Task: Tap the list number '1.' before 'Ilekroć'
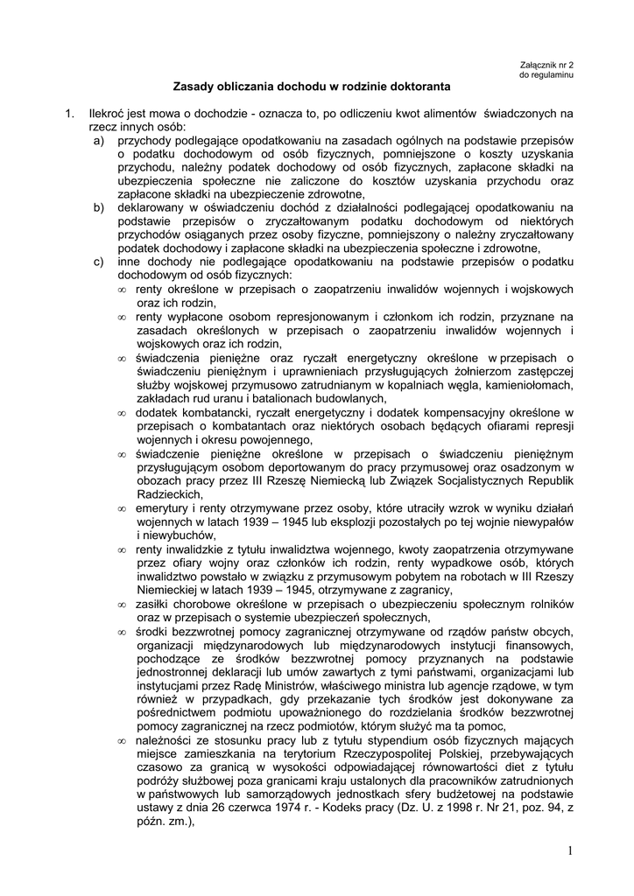pos(67,114)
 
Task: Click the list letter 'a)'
pos(100,141)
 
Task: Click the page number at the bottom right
pos(569,850)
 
